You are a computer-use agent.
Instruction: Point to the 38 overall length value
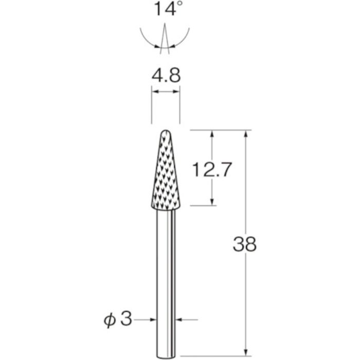244,244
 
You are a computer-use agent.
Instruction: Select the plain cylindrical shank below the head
165,273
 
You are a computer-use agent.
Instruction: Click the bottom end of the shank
165,340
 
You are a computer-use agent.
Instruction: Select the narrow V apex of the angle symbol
165,31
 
